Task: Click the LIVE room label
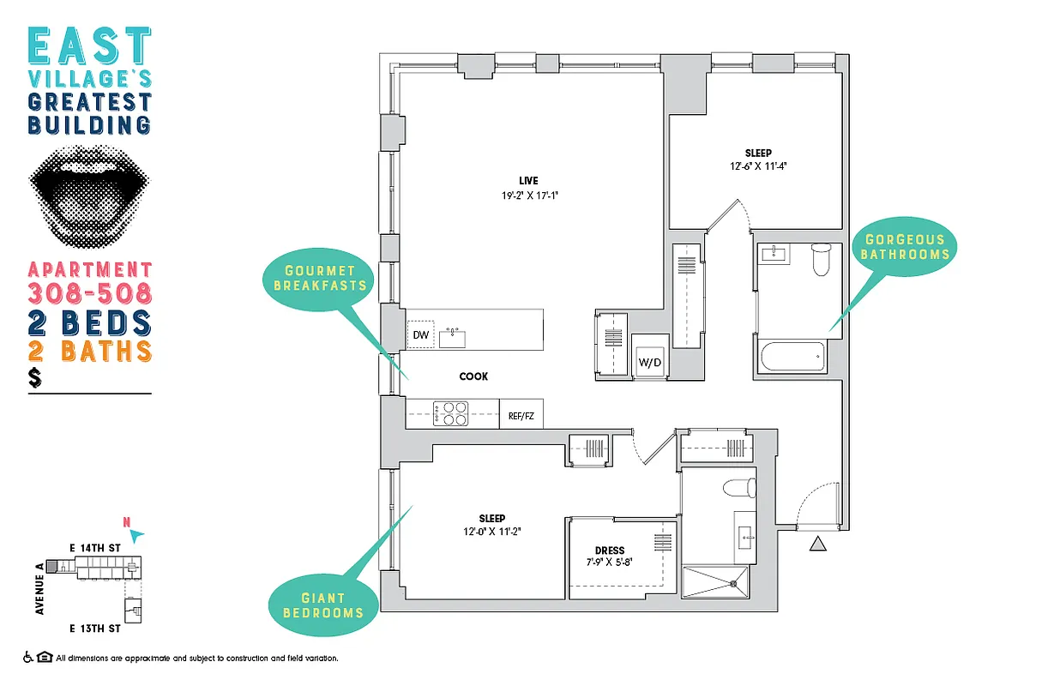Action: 527,180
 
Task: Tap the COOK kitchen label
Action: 473,376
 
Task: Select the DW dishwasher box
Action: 420,335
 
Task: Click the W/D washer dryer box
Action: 649,363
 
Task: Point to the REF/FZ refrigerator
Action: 521,415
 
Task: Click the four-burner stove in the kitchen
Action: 451,414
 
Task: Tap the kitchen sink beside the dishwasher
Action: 452,335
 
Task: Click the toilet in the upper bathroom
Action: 821,259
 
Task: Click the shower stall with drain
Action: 717,582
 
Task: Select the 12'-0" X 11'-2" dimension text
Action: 491,532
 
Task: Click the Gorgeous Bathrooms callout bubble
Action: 905,247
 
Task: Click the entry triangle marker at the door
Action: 817,544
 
